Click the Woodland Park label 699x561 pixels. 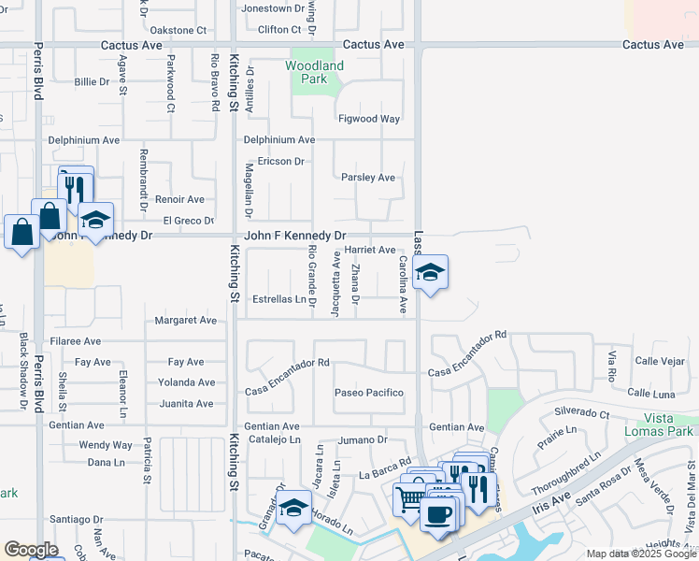coord(314,72)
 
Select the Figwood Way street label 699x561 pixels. coord(369,119)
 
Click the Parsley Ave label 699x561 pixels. coord(368,177)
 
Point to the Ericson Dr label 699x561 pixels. coord(275,161)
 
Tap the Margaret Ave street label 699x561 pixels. coord(186,320)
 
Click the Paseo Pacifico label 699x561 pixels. coord(369,393)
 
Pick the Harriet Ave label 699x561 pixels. coord(370,250)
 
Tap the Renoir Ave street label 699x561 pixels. coord(179,199)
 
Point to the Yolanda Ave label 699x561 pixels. coord(186,382)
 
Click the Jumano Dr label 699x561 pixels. coord(363,439)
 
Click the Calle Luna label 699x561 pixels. coord(651,394)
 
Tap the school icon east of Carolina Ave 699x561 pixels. coord(430,274)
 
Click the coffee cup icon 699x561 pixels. coord(437,514)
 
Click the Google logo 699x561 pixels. coord(31,551)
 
